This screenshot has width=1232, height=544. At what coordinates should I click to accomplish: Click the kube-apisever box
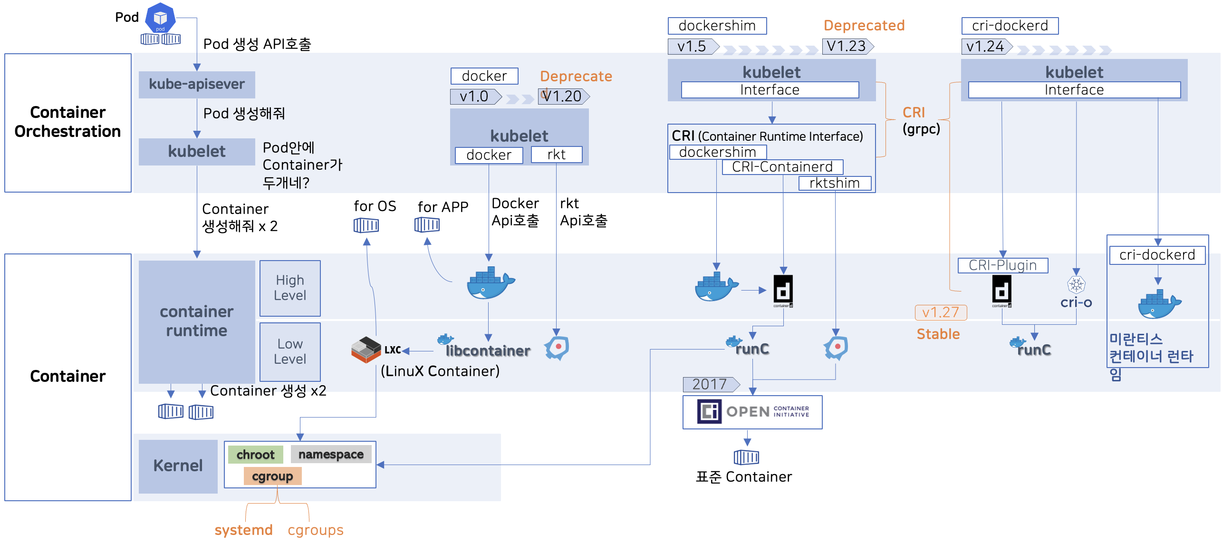coord(197,84)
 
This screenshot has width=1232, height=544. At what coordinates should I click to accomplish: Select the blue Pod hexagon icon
coord(160,17)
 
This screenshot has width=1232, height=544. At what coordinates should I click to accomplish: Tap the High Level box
coord(290,288)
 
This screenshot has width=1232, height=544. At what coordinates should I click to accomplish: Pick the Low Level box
coord(290,352)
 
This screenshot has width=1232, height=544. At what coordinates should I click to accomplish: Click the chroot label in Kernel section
coord(255,454)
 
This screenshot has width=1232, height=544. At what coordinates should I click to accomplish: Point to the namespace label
coord(331,454)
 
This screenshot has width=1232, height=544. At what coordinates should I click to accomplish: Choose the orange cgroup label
coord(273,476)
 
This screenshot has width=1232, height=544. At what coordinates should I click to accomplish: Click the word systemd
coord(243,530)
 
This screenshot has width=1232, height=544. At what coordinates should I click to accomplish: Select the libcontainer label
coord(488,351)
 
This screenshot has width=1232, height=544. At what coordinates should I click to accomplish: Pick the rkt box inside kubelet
coord(556,155)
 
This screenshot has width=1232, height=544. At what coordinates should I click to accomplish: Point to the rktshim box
coord(835,183)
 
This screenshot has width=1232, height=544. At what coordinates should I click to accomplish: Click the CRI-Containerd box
coord(782,167)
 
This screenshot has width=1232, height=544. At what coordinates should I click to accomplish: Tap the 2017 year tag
coord(711,384)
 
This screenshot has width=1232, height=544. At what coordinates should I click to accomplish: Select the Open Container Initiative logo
coord(752,411)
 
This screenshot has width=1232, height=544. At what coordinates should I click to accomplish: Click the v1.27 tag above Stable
coord(941,312)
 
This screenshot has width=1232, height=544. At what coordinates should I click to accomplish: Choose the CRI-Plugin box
coord(1003,265)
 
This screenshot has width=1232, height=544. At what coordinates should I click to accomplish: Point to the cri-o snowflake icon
coord(1076,285)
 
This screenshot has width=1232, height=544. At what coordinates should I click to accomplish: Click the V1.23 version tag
coord(848,47)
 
